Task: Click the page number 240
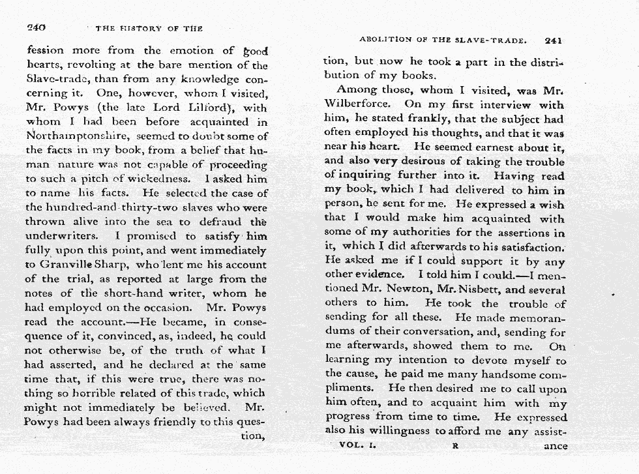point(35,27)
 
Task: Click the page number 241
point(553,40)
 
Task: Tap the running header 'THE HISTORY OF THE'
point(149,28)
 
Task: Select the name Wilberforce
point(357,104)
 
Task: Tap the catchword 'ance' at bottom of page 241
point(555,447)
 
